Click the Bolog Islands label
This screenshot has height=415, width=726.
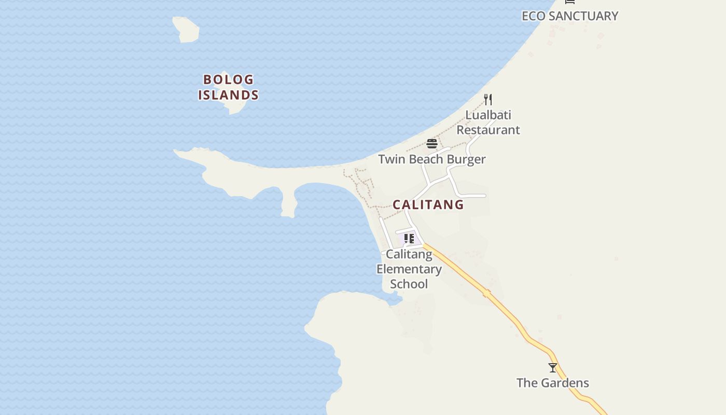coord(228,87)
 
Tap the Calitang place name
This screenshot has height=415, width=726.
coord(428,205)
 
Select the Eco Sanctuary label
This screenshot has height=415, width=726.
coord(569,16)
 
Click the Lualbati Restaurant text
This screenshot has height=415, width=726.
coord(488,122)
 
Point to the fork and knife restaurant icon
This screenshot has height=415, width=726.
coord(488,99)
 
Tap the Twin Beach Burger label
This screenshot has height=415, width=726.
coord(431,159)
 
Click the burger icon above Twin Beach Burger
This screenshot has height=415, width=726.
coord(432,144)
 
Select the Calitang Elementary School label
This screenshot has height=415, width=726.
coord(409,269)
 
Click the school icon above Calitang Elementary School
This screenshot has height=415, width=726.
coord(409,239)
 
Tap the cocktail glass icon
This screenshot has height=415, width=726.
coord(553,368)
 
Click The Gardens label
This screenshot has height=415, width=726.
coord(553,383)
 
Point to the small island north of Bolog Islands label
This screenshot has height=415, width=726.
coord(186,29)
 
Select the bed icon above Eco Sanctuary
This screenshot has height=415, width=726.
coord(570,2)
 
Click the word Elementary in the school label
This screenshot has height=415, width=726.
coord(409,269)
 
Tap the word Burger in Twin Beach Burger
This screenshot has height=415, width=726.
coord(466,159)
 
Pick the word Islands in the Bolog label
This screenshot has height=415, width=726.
coord(228,95)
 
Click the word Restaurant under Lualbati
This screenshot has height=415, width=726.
coord(488,130)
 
